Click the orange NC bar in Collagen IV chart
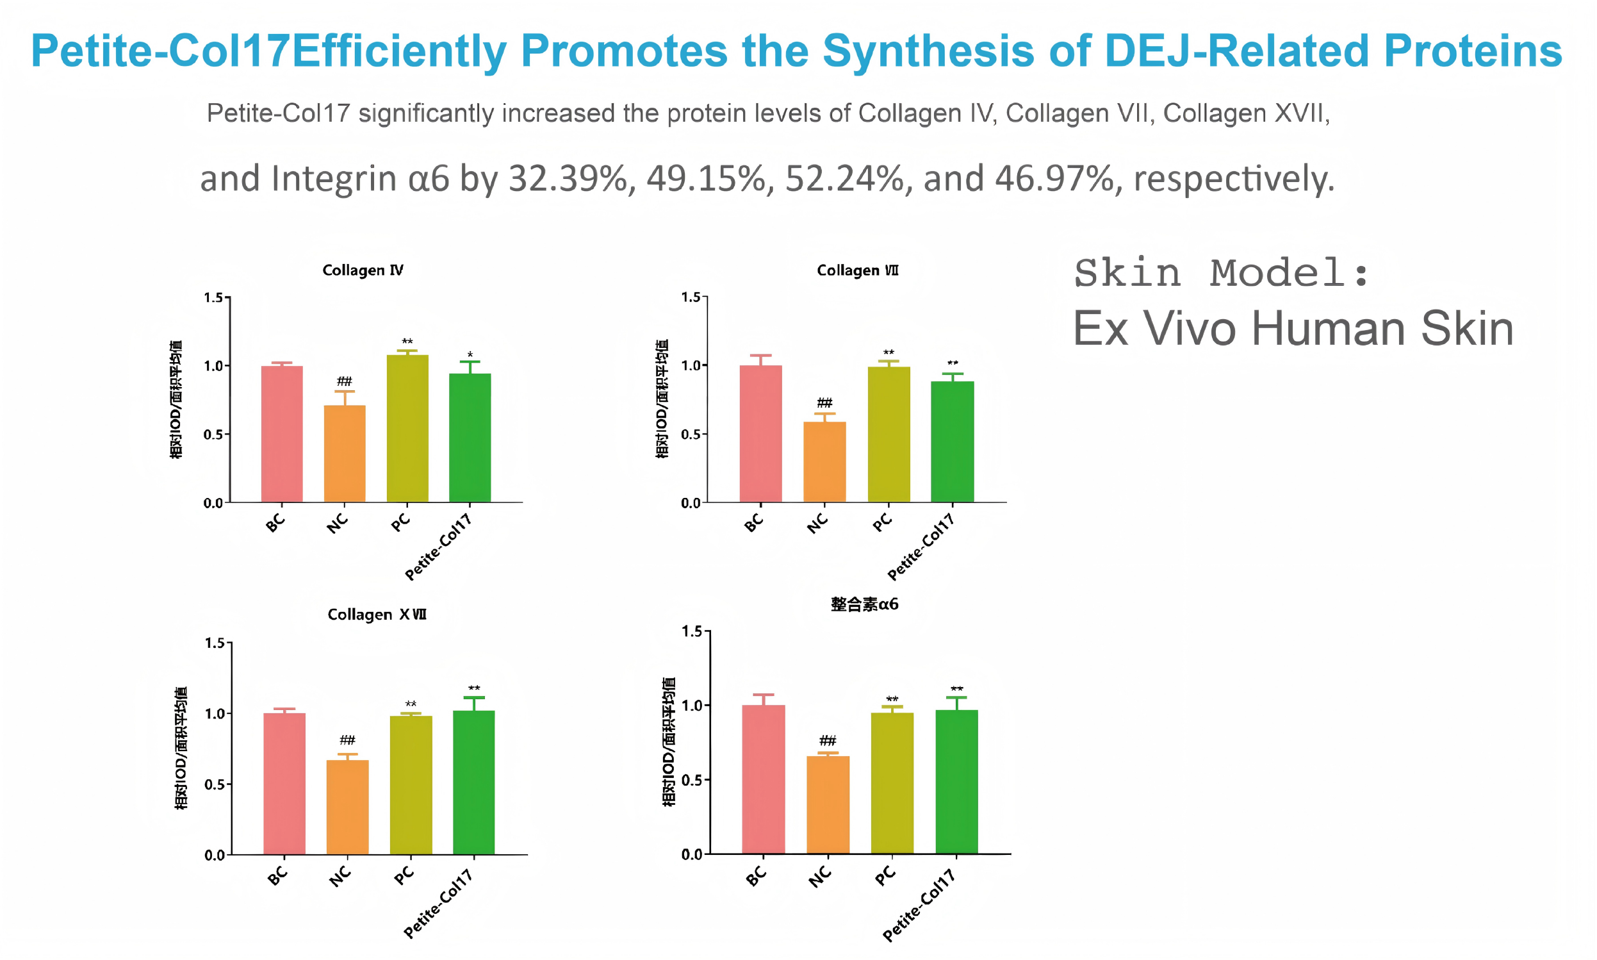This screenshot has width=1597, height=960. click(345, 454)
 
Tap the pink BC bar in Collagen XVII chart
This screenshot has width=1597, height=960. click(284, 783)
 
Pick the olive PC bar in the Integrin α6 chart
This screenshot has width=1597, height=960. click(892, 782)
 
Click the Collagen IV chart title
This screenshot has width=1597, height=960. click(363, 270)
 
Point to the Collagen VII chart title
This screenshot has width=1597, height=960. click(857, 270)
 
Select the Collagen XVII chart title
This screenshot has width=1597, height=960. click(377, 614)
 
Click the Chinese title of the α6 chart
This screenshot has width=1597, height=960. click(864, 604)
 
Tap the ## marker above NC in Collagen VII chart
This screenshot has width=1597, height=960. click(824, 403)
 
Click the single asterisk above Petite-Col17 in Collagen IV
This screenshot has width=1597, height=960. click(470, 355)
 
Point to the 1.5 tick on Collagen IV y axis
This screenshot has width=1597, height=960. click(213, 297)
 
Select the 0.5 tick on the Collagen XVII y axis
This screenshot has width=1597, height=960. click(215, 784)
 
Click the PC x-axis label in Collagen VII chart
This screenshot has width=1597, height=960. click(883, 522)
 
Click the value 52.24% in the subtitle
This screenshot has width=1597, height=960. click(844, 179)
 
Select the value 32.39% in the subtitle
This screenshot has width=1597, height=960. click(568, 179)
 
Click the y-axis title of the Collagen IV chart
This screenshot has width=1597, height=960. click(176, 399)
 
